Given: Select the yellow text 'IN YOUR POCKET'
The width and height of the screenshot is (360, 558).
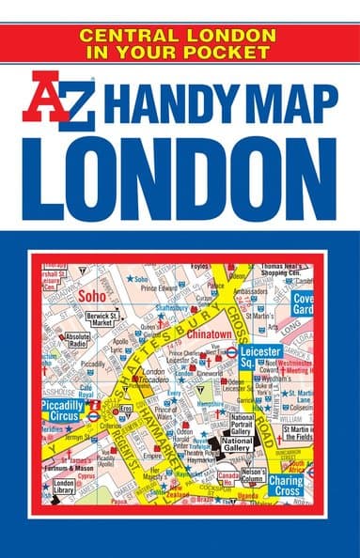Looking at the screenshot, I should click(180, 52).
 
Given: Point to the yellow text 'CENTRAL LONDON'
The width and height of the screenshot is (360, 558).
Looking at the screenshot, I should click(180, 35).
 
